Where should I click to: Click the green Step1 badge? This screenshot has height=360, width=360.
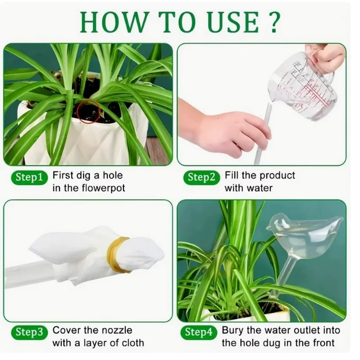[x=29, y=177]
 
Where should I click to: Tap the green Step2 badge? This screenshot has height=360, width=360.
[x=202, y=177]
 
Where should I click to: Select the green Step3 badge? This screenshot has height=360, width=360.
[x=29, y=332]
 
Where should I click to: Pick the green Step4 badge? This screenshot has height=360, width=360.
[x=199, y=332]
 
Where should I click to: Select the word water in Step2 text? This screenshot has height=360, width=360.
[x=260, y=188]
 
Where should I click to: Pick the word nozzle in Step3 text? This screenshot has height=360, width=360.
[x=117, y=330]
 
